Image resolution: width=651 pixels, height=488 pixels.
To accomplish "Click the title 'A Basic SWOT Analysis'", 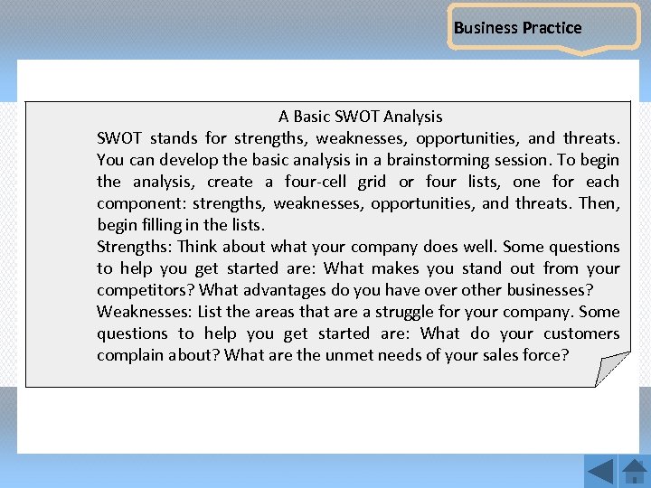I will tap(360, 116).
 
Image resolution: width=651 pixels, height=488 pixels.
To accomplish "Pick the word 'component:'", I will tap(140, 203).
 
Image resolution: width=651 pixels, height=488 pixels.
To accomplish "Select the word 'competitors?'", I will tap(146, 290).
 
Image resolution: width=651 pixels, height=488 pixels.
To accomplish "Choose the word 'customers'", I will tap(581, 333).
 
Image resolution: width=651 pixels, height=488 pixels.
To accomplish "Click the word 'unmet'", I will tap(347, 355).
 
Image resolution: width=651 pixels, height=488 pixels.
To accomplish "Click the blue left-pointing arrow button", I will tap(599, 471).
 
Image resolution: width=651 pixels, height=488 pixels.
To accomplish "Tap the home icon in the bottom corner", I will tap(635, 471).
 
